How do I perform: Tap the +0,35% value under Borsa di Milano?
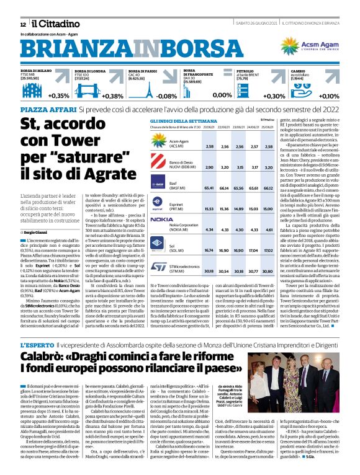[x=59, y=96]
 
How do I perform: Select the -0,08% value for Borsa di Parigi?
[x=166, y=96]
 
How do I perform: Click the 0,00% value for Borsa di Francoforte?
[x=222, y=96]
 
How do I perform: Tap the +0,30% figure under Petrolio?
[x=274, y=96]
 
